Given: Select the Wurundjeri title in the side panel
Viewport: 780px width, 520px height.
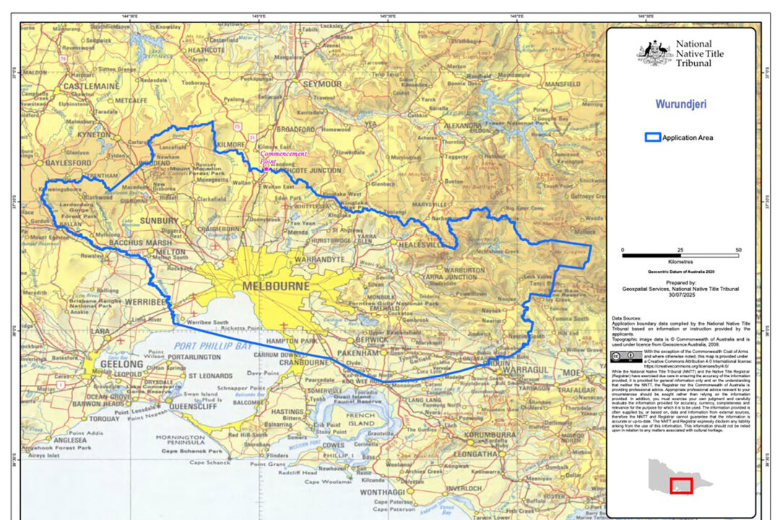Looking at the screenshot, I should (680, 104).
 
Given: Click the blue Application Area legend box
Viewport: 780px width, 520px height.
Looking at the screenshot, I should (653, 137).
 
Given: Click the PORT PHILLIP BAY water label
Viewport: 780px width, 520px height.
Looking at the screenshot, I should (214, 347).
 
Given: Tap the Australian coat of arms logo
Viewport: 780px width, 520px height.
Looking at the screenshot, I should (654, 53).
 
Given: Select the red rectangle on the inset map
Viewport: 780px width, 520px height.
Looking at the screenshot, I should (680, 486).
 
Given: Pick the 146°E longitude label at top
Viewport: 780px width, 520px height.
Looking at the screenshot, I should (516, 15).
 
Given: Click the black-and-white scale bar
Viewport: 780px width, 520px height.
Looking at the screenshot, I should (680, 255).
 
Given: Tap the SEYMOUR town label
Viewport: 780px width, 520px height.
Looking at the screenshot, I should (321, 84).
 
